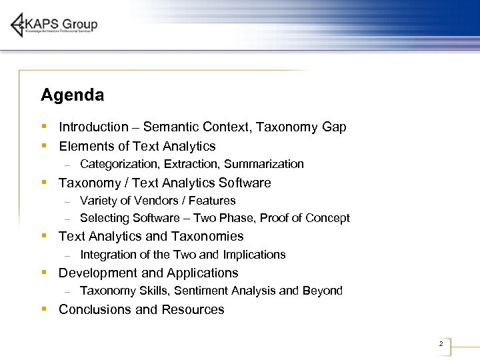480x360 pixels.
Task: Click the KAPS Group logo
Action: pos(54,25)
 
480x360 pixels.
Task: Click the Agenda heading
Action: pos(72,95)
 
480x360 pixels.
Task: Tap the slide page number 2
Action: pos(441,344)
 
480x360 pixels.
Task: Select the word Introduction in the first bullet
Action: pos(93,127)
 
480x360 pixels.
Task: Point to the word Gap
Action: pos(334,127)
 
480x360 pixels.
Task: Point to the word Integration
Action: pos(105,255)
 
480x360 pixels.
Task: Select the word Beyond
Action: pos(323,291)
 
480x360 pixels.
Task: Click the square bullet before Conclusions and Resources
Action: pos(44,309)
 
